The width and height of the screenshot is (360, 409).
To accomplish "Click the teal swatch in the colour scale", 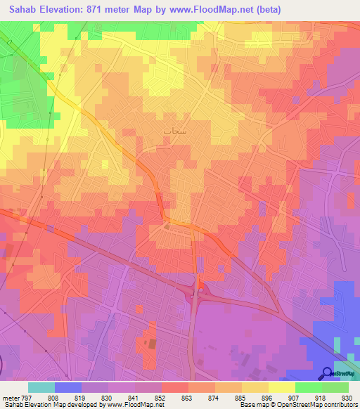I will coord(41,388).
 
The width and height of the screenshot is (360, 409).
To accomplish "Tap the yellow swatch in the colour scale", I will coord(281,388).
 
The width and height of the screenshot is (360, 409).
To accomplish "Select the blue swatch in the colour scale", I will coord(68,388).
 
